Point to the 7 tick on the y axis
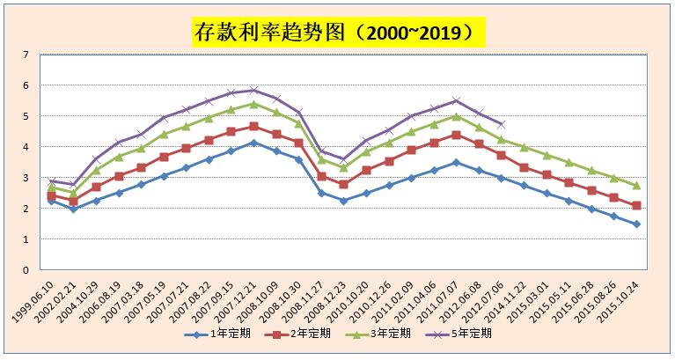point(26,55)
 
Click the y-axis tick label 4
point(26,147)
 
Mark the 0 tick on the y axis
point(26,269)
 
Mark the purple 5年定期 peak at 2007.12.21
point(253,90)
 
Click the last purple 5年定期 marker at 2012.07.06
point(502,124)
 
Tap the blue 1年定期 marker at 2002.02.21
point(74,209)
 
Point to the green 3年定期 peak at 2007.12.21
point(253,104)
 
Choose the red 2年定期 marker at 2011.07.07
point(456,135)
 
